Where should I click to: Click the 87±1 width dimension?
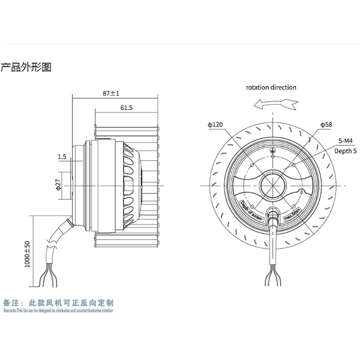click(x=111, y=94)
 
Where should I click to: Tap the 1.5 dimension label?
click(x=62, y=157)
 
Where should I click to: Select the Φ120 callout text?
click(x=216, y=125)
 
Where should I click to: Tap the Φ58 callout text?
click(x=326, y=124)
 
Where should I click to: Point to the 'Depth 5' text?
click(x=345, y=151)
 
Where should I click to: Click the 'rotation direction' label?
click(x=271, y=87)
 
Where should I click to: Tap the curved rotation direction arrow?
click(x=275, y=104)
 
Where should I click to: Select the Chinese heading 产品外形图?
click(x=26, y=68)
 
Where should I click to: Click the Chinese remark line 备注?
click(x=58, y=303)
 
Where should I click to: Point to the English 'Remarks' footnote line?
click(x=58, y=310)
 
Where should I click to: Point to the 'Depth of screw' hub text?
click(x=252, y=211)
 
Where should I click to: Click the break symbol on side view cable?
click(x=53, y=247)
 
